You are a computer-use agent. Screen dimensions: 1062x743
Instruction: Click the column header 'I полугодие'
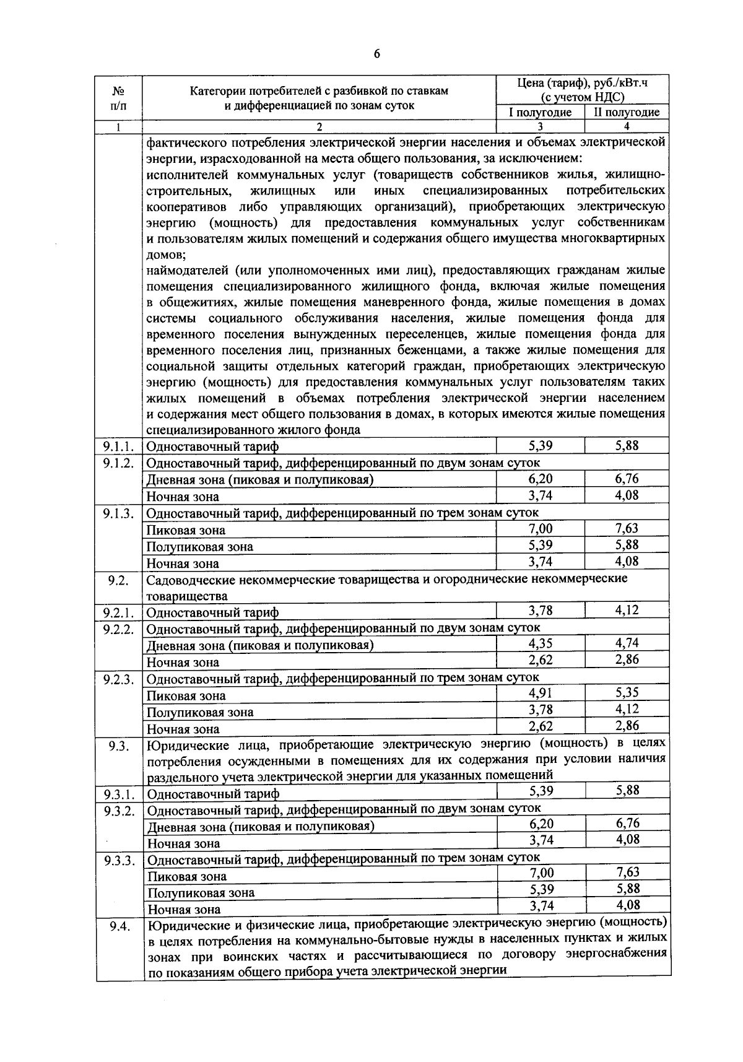tap(540, 112)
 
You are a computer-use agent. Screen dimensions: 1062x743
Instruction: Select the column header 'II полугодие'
tap(627, 112)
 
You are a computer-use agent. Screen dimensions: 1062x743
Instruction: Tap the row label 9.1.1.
tap(118, 446)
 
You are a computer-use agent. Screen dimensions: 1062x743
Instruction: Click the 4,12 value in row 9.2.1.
tap(627, 611)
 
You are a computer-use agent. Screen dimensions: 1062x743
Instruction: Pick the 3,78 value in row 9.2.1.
tap(541, 611)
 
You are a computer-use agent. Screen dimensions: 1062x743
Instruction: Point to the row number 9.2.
tap(118, 580)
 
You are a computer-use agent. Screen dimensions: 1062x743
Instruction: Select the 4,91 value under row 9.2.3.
tap(541, 693)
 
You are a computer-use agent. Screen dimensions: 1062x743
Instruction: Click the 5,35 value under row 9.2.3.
tap(627, 693)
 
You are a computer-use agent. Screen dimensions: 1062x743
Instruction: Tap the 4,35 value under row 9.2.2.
tap(541, 643)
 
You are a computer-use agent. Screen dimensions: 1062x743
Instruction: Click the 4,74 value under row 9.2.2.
tap(627, 643)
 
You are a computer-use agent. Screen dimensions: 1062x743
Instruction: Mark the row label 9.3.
tap(118, 746)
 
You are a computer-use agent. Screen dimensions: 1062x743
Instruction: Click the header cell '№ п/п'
tap(118, 98)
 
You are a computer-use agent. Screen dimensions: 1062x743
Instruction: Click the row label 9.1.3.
tap(118, 513)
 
